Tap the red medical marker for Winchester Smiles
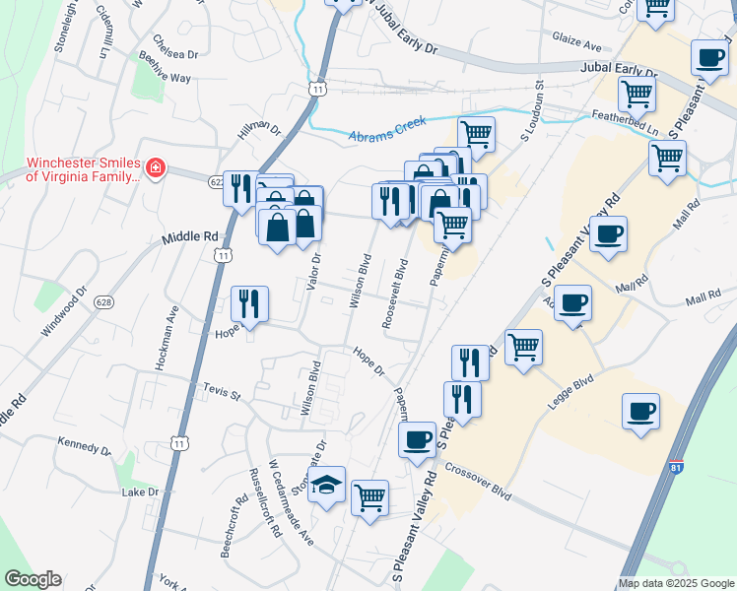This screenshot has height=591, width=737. tap(155, 169)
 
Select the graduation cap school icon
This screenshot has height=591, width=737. tap(327, 485)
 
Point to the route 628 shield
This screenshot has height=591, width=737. tap(102, 303)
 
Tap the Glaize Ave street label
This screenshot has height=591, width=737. tap(577, 45)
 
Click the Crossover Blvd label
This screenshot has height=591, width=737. tap(478, 482)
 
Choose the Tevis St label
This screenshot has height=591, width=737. tap(221, 394)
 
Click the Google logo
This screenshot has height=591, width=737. tap(33, 579)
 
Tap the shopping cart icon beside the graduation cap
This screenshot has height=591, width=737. tap(370, 497)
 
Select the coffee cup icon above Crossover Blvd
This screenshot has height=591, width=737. tap(417, 438)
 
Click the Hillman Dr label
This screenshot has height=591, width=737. tap(259, 129)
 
